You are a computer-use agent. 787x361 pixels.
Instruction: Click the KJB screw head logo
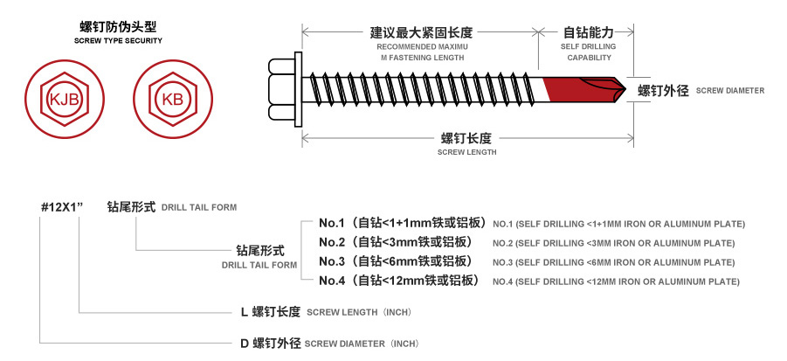pos(66,99)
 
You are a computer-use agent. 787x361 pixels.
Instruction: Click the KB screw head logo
pos(172,99)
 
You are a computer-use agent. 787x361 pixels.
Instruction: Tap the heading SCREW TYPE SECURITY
pos(118,41)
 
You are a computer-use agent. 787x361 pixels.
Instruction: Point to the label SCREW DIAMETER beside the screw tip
pos(730,91)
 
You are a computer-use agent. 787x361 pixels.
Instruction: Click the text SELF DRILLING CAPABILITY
pos(589,52)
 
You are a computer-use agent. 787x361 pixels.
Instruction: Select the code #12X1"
pos(61,207)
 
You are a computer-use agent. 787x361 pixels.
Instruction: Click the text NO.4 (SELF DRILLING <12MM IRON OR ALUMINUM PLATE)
pos(616,281)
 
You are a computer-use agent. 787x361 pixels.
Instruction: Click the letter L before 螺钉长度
pos(245,311)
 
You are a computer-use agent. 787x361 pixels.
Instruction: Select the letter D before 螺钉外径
pos(245,343)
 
